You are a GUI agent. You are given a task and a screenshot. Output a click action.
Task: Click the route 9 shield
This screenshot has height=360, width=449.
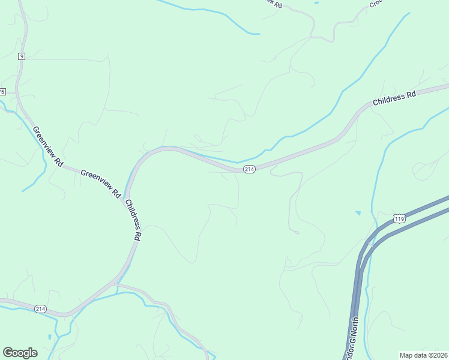(22, 56)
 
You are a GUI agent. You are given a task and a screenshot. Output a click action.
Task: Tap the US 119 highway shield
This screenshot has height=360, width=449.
(400, 218)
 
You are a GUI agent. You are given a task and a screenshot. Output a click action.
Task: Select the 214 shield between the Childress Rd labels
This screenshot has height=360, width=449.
(250, 170)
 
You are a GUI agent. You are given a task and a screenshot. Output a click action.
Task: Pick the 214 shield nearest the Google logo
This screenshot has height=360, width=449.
(40, 309)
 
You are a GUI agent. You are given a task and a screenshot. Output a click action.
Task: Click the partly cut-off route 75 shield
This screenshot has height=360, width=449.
(2, 92)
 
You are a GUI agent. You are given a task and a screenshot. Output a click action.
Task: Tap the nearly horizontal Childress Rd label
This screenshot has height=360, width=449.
(394, 98)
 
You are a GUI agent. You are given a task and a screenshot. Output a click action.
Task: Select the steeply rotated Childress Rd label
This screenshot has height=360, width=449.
(133, 220)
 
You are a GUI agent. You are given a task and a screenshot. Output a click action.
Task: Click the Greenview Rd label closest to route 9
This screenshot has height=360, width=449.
(47, 146)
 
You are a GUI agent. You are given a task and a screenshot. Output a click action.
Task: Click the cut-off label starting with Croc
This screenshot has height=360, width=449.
(376, 4)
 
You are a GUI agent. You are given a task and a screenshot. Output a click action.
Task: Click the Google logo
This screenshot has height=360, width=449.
(20, 353)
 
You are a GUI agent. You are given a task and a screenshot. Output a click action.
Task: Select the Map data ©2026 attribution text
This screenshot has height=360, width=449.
(423, 355)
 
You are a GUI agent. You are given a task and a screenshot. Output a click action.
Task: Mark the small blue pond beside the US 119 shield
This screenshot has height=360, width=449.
(358, 213)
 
